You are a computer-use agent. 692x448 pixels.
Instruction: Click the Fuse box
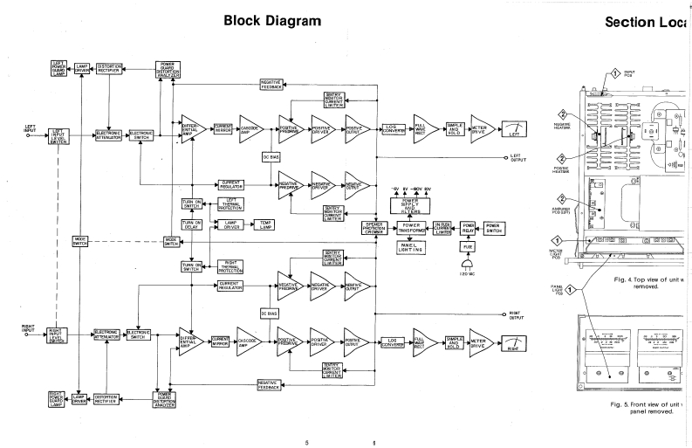tap(468, 245)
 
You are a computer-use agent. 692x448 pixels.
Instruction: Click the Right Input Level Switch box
tap(60, 334)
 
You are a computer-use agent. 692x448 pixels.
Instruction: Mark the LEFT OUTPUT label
tap(521, 159)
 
